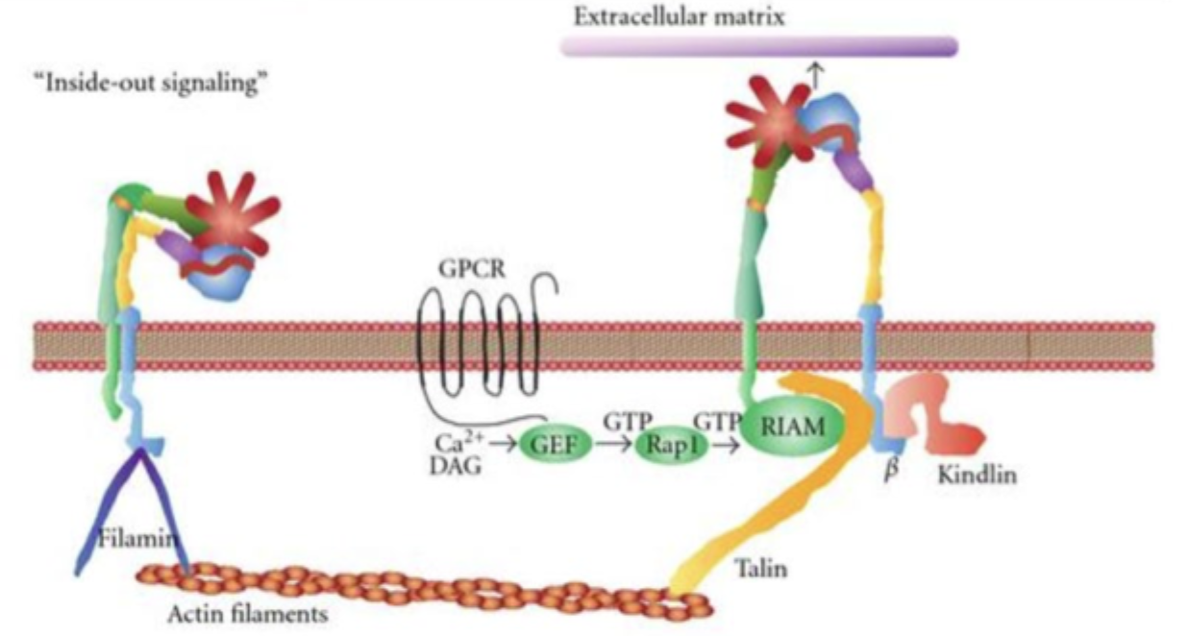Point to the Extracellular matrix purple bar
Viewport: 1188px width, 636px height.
click(x=758, y=46)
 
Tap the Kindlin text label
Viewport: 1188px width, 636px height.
click(x=977, y=474)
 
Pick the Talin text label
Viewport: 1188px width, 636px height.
click(x=762, y=569)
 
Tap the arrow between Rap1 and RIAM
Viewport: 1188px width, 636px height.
click(x=726, y=444)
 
